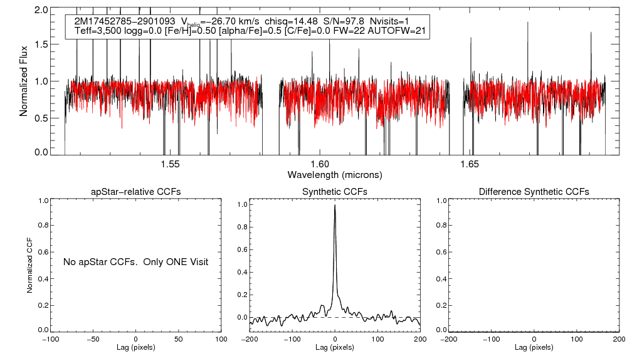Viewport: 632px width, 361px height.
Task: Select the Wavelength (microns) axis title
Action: point(335,174)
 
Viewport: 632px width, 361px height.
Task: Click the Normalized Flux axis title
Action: point(24,81)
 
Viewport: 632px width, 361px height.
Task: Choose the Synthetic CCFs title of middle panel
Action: point(335,192)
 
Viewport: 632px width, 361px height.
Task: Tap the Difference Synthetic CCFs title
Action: point(534,192)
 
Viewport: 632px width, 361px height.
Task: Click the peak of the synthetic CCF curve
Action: point(335,205)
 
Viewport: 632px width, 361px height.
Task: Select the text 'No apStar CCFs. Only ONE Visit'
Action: point(135,261)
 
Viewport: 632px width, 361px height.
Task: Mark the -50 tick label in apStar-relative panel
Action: point(93,339)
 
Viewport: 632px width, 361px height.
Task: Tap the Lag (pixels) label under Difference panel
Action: point(534,347)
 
